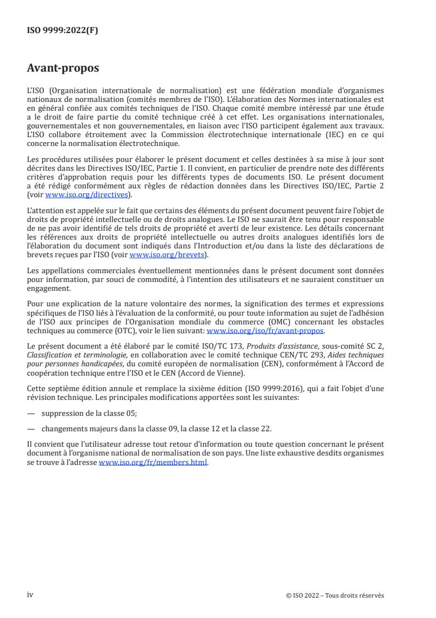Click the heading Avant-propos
pos(63,69)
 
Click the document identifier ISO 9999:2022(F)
pos(63,31)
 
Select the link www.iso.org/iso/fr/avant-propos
pos(265,331)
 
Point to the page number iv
pos(30,595)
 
